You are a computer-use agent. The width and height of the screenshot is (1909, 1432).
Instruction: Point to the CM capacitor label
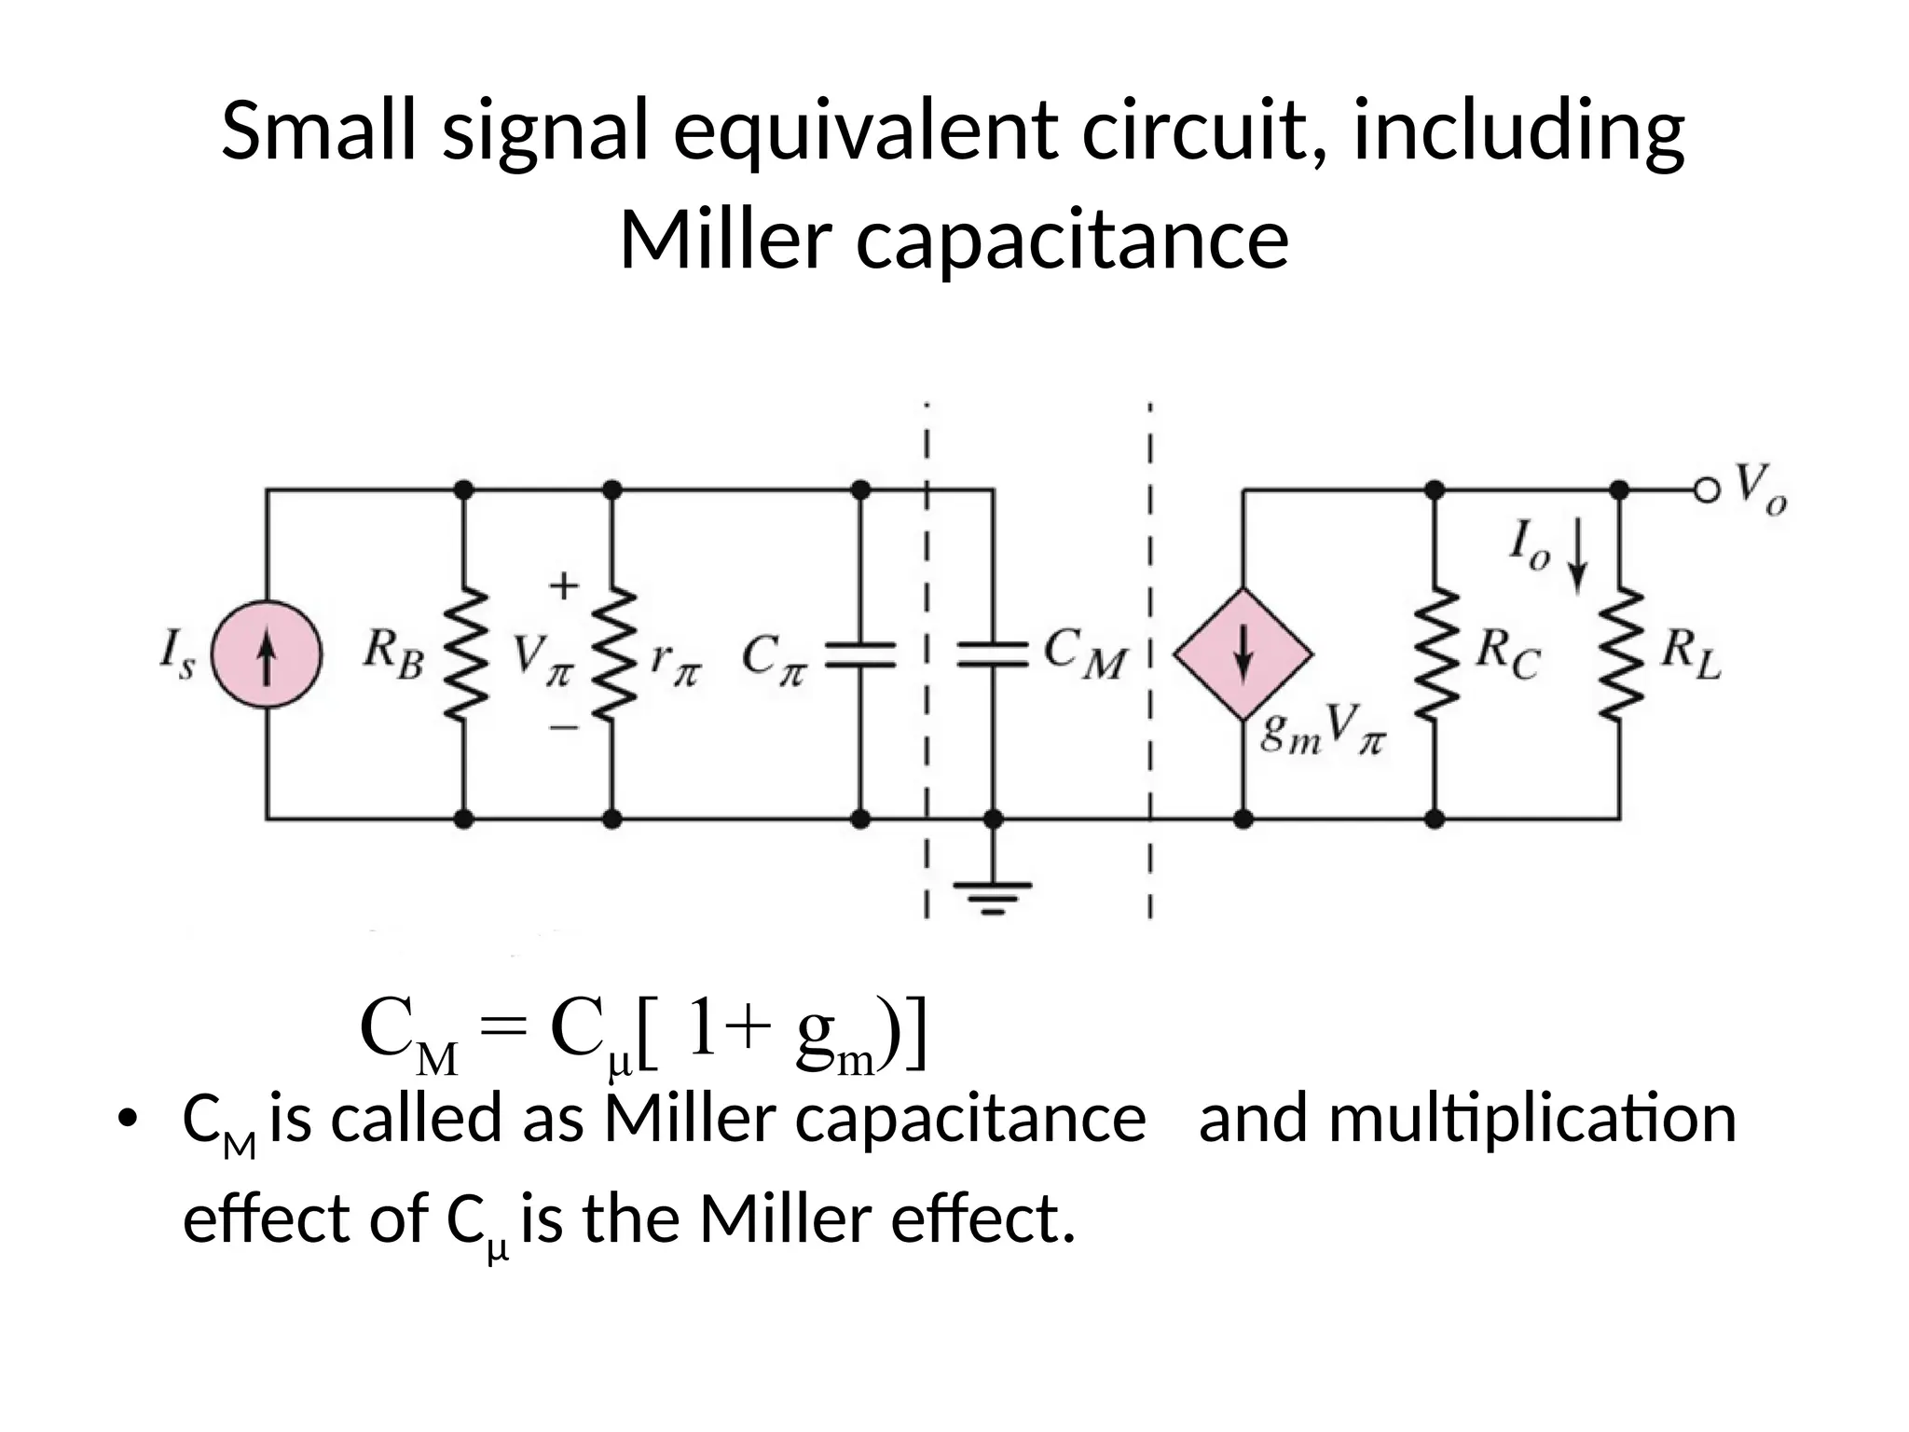(1084, 653)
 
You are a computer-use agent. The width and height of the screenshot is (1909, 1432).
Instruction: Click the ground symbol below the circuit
(994, 895)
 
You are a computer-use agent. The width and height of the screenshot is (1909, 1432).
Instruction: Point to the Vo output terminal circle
(1705, 489)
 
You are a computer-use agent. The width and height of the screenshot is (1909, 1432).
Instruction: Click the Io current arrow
(1577, 557)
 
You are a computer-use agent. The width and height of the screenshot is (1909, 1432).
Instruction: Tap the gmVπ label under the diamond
(1323, 731)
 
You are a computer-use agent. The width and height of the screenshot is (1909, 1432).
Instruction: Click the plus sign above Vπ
(563, 586)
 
